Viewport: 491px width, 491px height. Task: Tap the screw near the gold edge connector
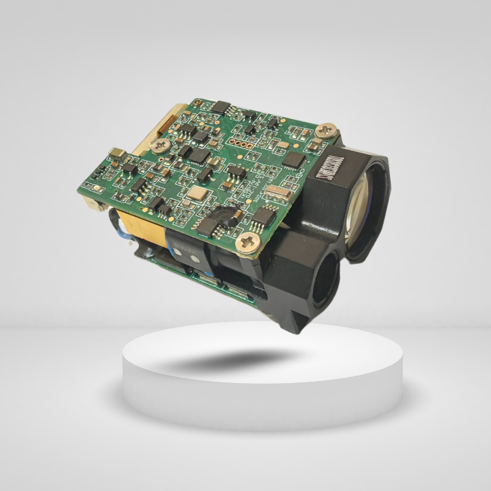163,145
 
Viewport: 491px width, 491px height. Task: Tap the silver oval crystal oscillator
278,195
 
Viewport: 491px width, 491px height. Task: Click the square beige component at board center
198,195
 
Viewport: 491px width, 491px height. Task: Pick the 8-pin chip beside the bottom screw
263,216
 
